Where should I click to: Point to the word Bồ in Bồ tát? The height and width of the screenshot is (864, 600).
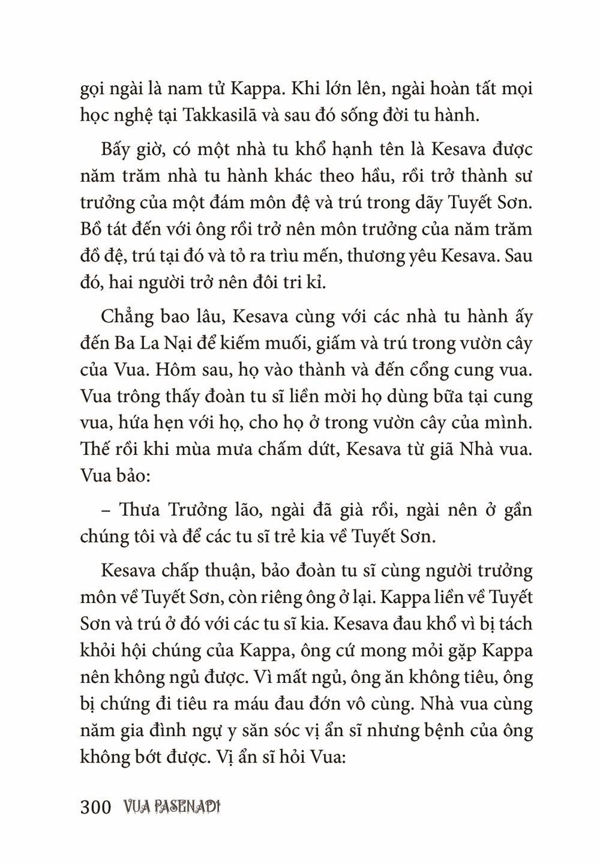91,230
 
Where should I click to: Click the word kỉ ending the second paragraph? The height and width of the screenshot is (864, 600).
317,283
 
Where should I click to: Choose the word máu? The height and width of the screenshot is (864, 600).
311,704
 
